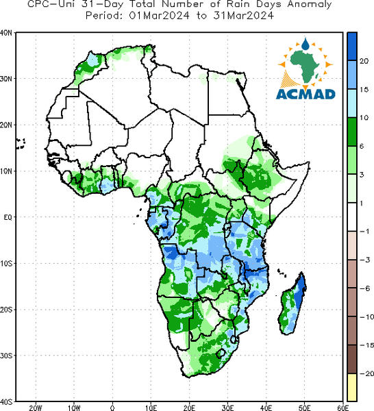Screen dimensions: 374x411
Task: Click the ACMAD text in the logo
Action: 306,94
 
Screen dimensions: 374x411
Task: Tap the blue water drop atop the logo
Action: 306,44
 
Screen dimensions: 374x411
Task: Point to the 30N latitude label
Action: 5,79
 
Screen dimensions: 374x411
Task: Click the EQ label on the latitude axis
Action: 8,217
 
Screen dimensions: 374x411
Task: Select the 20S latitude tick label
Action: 5,310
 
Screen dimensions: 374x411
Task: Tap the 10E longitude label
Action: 151,408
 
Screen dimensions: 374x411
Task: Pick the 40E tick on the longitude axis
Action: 266,408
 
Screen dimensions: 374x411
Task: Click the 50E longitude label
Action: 305,408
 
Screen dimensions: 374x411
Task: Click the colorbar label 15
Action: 364,90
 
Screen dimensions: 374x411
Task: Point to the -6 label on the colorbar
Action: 365,288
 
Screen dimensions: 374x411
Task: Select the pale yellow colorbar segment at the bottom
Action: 352,387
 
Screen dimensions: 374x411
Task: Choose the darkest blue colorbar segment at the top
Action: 352,47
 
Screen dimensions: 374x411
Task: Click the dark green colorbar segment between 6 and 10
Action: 352,132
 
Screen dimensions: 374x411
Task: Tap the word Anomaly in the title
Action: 310,5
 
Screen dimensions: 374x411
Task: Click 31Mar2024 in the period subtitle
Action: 243,16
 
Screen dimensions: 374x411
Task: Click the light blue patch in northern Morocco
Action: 92,60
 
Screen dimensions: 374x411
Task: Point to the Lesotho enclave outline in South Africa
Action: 221,353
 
